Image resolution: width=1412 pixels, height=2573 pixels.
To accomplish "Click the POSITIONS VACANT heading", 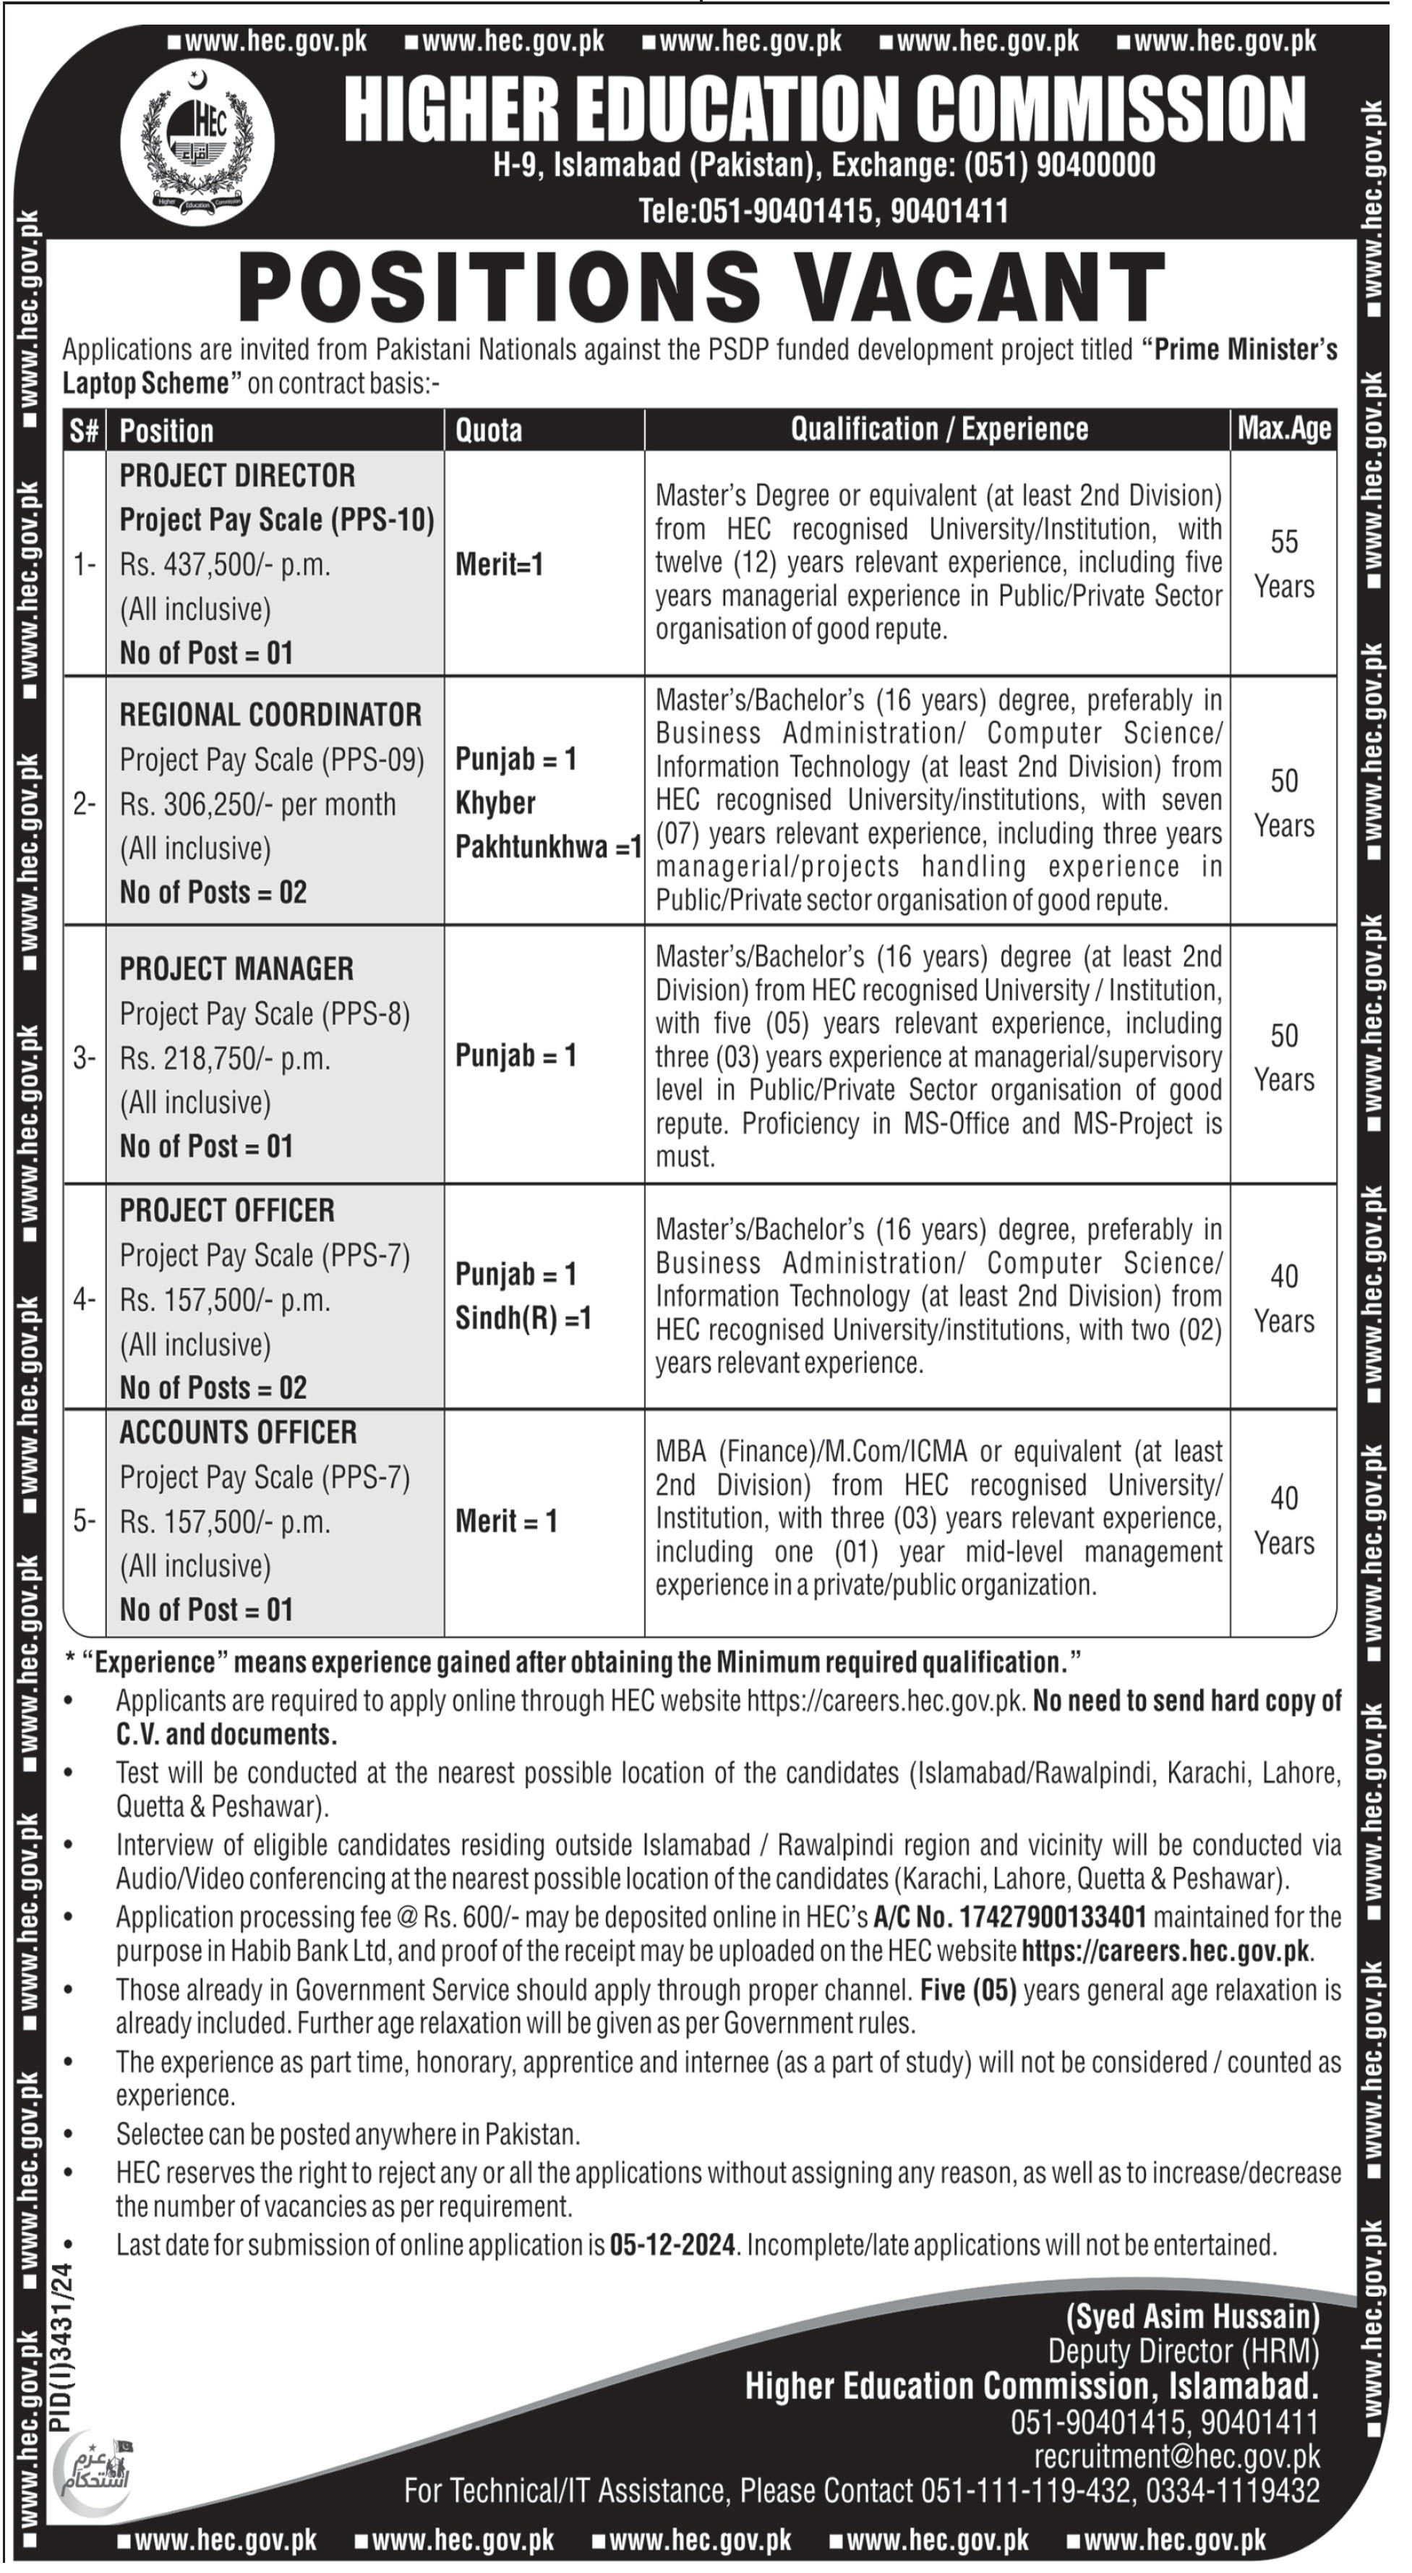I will pyautogui.click(x=702, y=286).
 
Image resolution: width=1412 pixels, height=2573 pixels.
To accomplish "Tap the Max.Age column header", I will pyautogui.click(x=1283, y=430).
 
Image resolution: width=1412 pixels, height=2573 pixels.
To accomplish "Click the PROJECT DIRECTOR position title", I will pyautogui.click(x=238, y=475).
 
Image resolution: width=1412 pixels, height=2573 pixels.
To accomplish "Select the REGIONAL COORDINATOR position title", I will pyautogui.click(x=270, y=715).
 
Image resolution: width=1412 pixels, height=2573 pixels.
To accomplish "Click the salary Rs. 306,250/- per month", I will pyautogui.click(x=257, y=804).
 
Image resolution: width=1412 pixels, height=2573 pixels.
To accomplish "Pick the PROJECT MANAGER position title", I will pyautogui.click(x=236, y=969).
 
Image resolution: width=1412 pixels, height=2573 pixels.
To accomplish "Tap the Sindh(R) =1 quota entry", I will pyautogui.click(x=523, y=1319).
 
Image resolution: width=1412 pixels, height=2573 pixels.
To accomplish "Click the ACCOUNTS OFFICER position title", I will pyautogui.click(x=238, y=1432).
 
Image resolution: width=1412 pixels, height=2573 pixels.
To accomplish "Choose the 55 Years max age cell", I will pyautogui.click(x=1283, y=564).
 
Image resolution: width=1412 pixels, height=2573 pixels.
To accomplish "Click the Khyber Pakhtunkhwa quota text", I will pyautogui.click(x=548, y=825).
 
